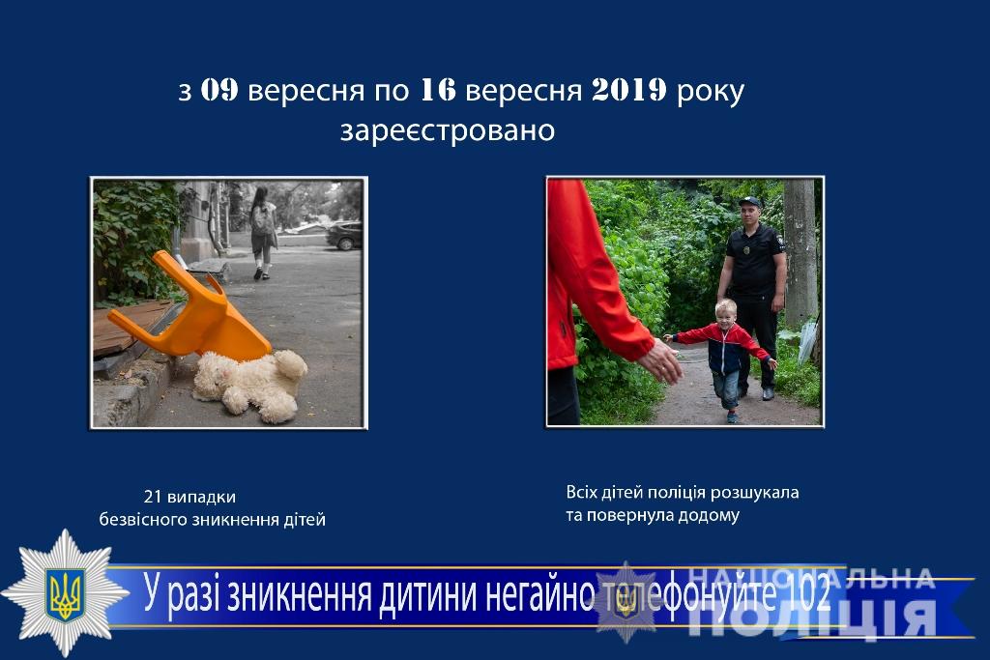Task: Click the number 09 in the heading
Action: pos(219,90)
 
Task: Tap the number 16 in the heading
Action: pos(437,90)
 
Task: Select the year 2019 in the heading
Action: pos(629,90)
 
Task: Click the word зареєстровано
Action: pos(448,131)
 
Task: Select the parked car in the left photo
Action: pos(344,236)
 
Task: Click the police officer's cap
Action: pos(749,202)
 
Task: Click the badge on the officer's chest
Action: pos(747,250)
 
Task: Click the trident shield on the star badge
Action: pos(65,593)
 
